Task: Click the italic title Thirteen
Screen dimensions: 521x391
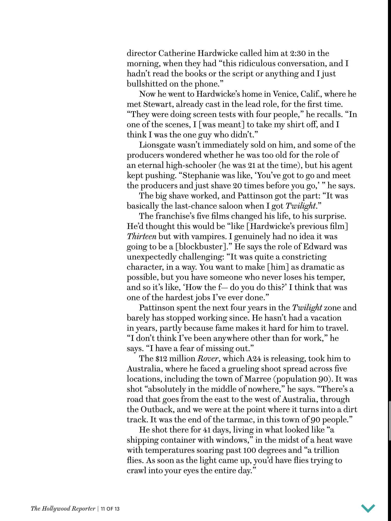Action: click(x=142, y=237)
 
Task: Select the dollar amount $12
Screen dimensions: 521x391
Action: click(x=161, y=359)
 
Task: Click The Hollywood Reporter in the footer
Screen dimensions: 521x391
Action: click(x=63, y=509)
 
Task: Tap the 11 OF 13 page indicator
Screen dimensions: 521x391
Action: click(x=110, y=509)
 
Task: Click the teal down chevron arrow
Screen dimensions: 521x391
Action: click(x=368, y=508)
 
